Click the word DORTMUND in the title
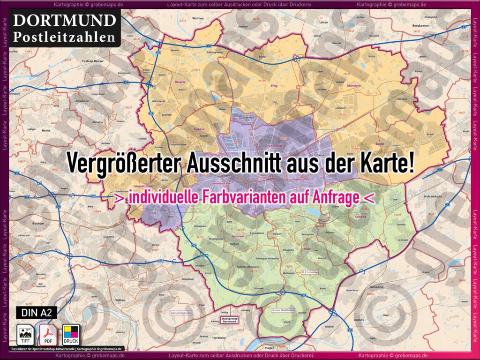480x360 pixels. [65, 20]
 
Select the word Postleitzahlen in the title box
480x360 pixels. [65, 36]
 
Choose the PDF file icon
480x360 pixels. [48, 334]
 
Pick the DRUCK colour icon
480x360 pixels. [71, 334]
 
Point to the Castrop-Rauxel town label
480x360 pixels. [92, 61]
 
